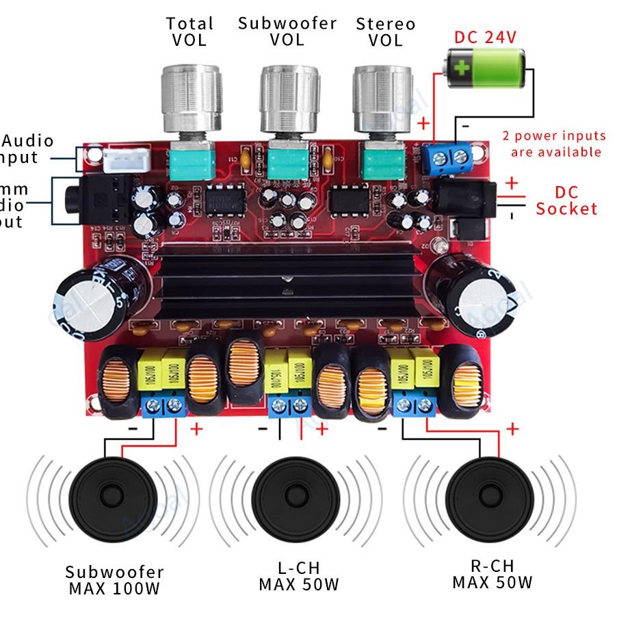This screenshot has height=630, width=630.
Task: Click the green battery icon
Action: coord(486,68)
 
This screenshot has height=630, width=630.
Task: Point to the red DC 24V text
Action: coord(485,37)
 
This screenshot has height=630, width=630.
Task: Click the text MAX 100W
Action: coord(114,588)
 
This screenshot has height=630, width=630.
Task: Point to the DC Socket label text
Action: coord(566,200)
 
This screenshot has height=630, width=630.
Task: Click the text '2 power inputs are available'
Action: coord(555,144)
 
